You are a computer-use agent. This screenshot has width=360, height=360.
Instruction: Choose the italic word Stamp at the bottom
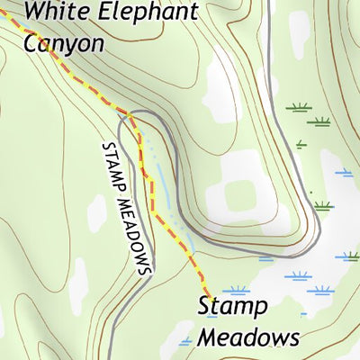coord(232,308)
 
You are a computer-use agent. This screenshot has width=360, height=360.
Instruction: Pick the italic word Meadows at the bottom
coord(247,338)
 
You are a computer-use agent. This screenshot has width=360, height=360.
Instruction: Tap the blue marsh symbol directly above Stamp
coord(236,291)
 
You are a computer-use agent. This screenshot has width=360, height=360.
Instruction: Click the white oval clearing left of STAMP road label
coord(95,212)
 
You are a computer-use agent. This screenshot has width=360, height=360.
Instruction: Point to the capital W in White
coord(37,13)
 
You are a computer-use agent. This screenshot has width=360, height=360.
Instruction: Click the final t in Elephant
coord(193,13)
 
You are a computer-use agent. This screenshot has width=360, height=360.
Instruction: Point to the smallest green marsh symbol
coord(301,143)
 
